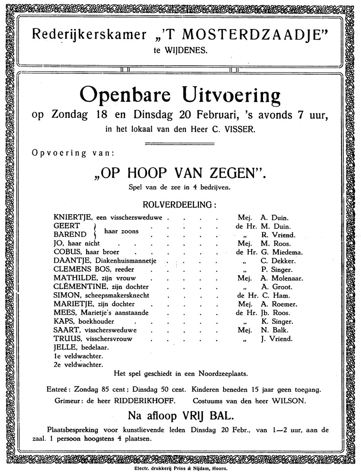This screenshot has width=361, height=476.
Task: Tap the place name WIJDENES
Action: [187, 49]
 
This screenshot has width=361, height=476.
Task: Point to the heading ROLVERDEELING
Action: [179, 205]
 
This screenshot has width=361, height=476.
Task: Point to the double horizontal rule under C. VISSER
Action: [180, 143]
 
